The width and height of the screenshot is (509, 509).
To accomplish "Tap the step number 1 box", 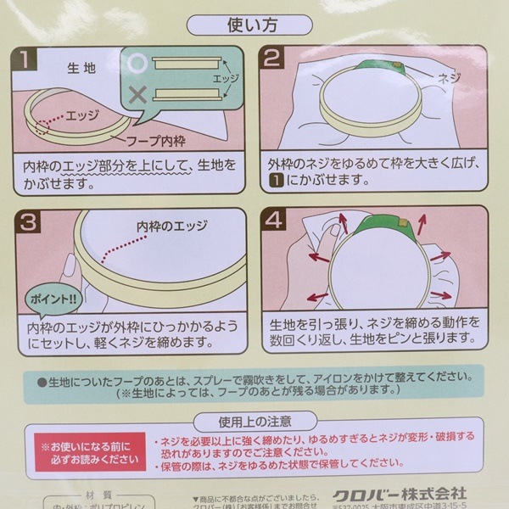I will coord(28,60).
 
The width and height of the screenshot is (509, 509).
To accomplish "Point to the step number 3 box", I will coord(28,223).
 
